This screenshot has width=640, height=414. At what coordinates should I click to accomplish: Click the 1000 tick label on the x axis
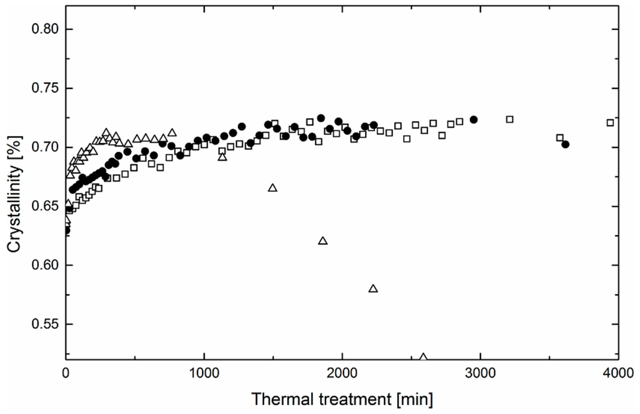(204, 373)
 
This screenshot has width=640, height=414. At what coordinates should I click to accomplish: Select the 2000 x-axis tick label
(342, 373)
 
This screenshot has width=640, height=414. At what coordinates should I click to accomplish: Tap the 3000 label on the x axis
(480, 373)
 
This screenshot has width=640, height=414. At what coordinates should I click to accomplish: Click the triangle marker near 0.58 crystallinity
(373, 289)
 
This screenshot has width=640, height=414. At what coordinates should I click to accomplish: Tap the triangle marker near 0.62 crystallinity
(323, 241)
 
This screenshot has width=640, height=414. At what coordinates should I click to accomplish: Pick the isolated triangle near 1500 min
(273, 188)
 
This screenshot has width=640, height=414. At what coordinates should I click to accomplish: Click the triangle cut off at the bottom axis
(423, 357)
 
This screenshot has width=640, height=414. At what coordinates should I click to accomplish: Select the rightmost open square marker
(610, 123)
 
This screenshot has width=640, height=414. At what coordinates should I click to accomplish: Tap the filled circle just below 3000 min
(474, 120)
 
